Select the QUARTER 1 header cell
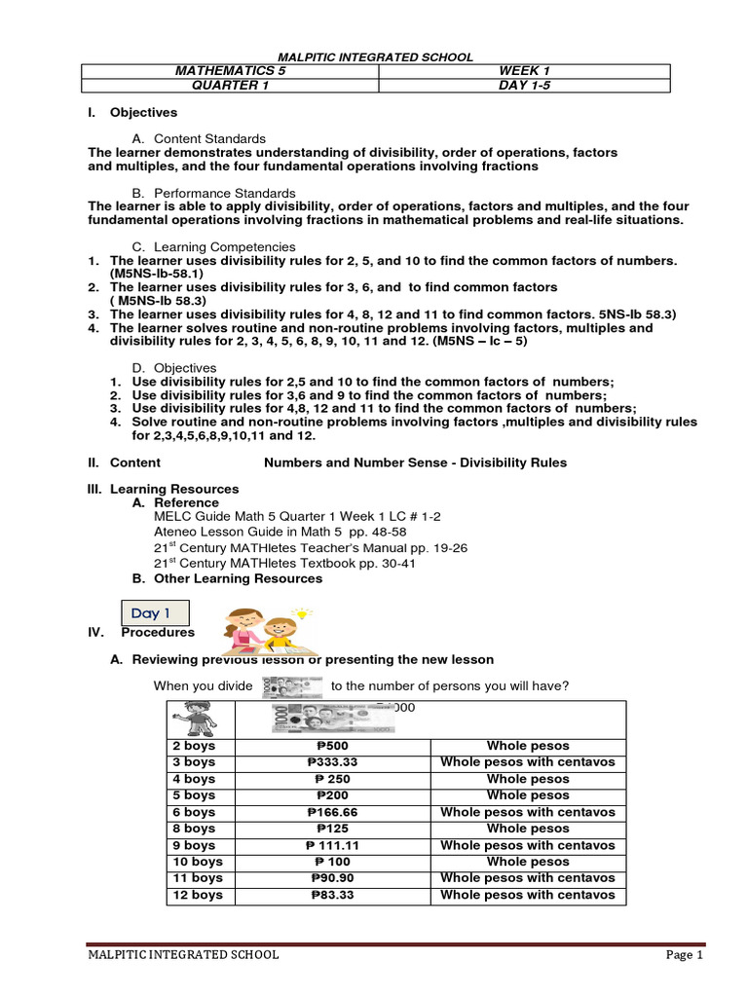[x=229, y=85]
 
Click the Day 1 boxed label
[x=151, y=613]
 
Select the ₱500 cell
[x=328, y=746]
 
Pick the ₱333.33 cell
[x=328, y=762]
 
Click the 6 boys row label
[x=194, y=812]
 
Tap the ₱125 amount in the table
[x=328, y=829]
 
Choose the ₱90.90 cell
[x=328, y=878]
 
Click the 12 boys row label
[x=198, y=895]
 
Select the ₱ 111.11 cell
[x=328, y=845]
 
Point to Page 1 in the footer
[x=684, y=955]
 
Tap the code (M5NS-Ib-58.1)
[x=157, y=275]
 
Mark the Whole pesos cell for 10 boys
[x=528, y=862]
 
